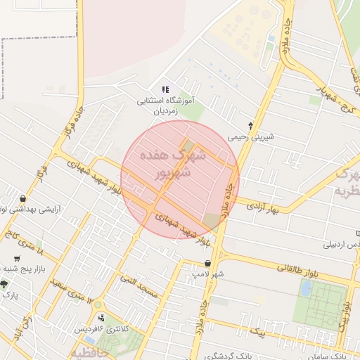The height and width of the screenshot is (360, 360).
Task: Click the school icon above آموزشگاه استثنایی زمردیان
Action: pos(165,89)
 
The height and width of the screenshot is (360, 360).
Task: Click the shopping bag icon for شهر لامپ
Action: pos(207,263)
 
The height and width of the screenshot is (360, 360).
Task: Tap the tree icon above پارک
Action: pos(5,284)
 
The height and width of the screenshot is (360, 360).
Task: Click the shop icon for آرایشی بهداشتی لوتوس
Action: pos(25,198)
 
